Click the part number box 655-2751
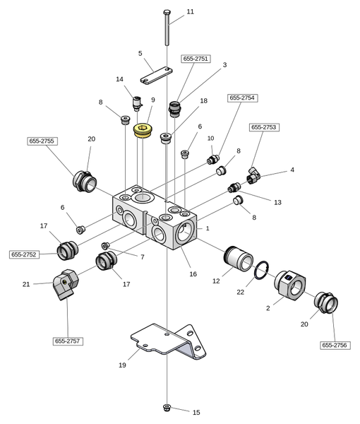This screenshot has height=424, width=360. (x=196, y=59)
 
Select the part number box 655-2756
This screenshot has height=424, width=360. (x=335, y=345)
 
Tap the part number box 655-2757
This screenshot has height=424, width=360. (x=68, y=341)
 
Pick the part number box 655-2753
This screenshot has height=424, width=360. (x=264, y=127)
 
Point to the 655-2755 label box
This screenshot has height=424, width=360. (x=42, y=141)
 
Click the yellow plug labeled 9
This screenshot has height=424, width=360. (x=143, y=130)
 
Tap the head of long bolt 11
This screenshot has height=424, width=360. (x=167, y=12)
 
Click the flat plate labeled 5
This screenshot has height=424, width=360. (x=157, y=75)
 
